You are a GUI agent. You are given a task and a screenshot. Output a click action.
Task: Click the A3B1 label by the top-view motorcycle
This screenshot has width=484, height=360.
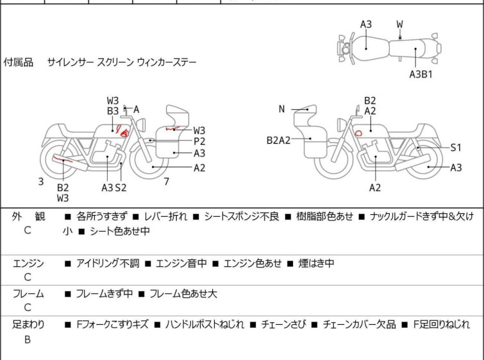pos(421,74)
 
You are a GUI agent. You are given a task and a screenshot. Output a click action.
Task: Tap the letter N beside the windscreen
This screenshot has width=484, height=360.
pos(281,109)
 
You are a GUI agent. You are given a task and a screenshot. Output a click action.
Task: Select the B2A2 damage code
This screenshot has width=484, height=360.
pos(279,139)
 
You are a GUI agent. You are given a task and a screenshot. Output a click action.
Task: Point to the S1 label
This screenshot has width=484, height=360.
pos(456,147)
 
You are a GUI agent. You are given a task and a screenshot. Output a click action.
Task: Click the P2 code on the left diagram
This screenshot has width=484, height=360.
pos(199,141)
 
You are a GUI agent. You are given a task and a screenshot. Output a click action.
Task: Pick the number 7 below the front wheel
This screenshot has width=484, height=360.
pos(166,182)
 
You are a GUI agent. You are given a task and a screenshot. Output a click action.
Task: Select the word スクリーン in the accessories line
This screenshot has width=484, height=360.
pos(115,63)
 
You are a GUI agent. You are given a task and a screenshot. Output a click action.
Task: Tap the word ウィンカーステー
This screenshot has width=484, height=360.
pos(167,63)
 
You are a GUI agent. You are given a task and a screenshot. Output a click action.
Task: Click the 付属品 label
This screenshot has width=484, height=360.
pos(19,63)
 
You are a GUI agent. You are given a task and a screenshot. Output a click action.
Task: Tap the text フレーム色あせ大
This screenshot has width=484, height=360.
pos(183,294)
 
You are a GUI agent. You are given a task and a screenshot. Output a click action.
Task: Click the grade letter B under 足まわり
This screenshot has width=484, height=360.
pos(28,340)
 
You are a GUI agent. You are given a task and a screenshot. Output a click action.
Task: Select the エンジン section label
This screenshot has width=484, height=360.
pos(29,263)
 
